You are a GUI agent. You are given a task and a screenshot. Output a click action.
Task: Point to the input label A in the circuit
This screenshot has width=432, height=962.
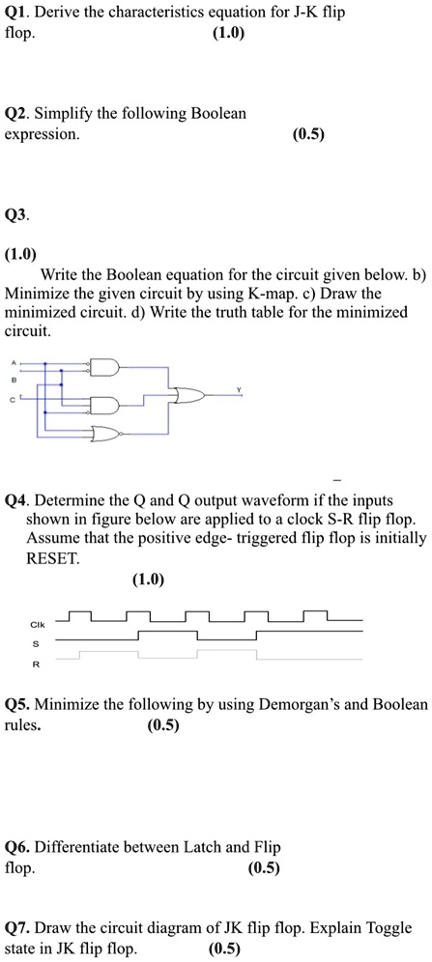(x=14, y=364)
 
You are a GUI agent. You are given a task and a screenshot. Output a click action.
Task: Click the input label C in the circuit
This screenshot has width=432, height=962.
(x=14, y=399)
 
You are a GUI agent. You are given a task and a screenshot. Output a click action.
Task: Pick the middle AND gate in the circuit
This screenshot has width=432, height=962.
(x=104, y=404)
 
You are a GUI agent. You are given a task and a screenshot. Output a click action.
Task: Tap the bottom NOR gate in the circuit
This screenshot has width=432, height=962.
(x=104, y=433)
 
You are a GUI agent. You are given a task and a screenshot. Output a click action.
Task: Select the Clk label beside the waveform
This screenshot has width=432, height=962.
(x=36, y=624)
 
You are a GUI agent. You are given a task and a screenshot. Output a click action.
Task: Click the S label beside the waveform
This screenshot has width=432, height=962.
(x=36, y=643)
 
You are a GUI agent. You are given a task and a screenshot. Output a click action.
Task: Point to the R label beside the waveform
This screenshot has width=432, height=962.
(x=36, y=665)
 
